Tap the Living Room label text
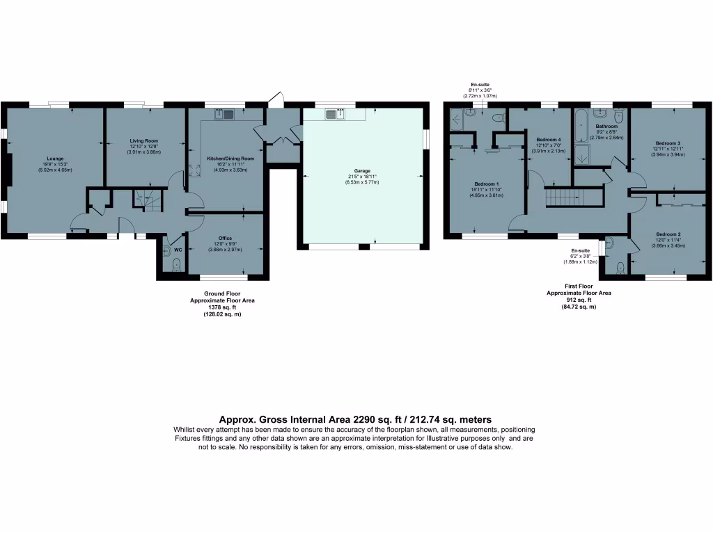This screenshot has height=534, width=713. tap(145, 141)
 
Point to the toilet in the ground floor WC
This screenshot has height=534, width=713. tap(176, 264)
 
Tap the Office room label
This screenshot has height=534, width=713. tap(225, 238)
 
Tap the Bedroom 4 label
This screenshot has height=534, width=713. tap(549, 140)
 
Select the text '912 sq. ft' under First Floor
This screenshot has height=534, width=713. tap(578, 300)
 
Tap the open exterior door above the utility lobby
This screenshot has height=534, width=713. tap(276, 99)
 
